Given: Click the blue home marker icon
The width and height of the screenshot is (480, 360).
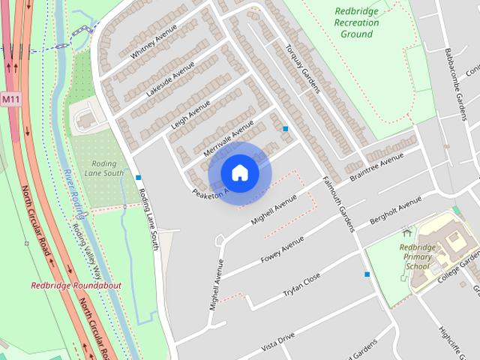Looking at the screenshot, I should [x=239, y=173].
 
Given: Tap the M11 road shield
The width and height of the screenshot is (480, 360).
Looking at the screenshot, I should [x=10, y=99].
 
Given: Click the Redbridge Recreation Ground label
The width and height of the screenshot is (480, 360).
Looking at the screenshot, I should [x=356, y=22].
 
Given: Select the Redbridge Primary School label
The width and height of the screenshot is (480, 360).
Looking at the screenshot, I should [x=417, y=256].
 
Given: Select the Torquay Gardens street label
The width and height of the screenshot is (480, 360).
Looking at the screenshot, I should [x=302, y=67].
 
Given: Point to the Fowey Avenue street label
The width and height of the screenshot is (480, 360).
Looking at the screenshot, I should [x=282, y=250].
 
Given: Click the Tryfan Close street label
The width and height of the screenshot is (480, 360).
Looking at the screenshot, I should [x=301, y=284].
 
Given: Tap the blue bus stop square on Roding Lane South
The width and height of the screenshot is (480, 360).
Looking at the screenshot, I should [x=139, y=178].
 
